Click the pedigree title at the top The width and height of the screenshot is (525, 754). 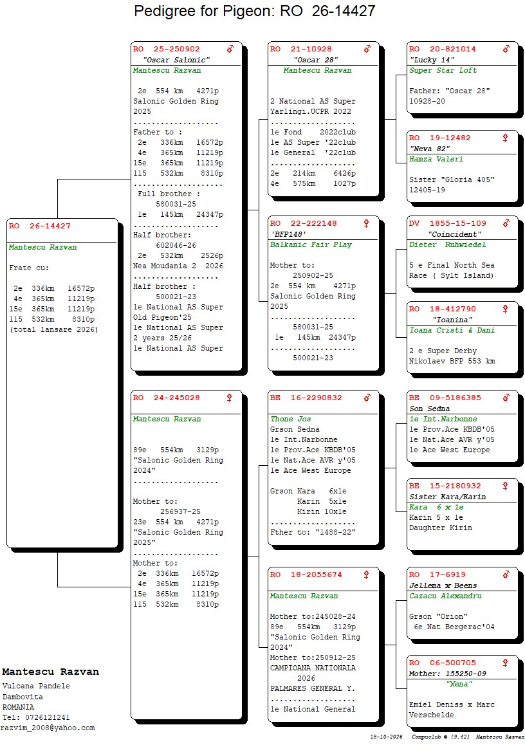click(254, 11)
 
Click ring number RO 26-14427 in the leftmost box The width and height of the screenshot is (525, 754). click(39, 226)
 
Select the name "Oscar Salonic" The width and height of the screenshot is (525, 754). click(176, 60)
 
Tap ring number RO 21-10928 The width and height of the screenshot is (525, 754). click(301, 49)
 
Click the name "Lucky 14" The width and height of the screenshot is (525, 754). click(432, 60)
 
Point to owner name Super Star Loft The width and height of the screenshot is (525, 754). click(443, 70)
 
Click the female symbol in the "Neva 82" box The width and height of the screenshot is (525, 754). click(505, 138)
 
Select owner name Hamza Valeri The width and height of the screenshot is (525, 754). click(436, 159)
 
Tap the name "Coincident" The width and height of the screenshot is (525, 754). click(454, 235)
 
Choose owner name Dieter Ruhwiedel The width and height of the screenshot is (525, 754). click(448, 244)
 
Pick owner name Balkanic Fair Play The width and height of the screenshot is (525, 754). click(311, 244)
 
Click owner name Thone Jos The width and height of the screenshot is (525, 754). click(290, 419)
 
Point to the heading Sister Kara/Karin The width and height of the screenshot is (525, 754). click(448, 497)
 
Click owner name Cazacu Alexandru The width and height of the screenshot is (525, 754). click(445, 596)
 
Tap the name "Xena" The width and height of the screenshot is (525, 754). click(459, 685)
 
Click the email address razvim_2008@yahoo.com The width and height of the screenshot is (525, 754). click(48, 728)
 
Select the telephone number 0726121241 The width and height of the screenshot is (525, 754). click(47, 717)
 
